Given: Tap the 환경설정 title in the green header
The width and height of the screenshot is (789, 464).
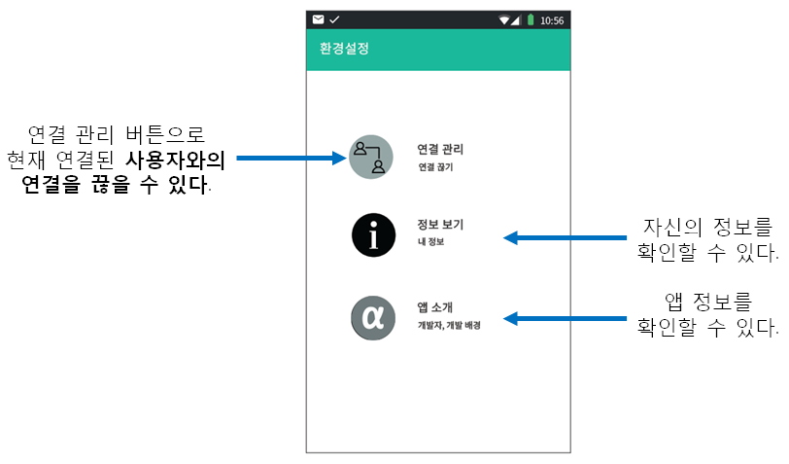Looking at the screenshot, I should [x=344, y=49].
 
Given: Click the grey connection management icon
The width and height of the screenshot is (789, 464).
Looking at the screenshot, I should [x=371, y=157].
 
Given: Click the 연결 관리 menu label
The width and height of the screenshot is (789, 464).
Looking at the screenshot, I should [x=440, y=149].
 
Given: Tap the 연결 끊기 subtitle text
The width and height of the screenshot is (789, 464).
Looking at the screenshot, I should [x=435, y=167].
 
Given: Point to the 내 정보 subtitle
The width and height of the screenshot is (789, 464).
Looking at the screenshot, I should [x=430, y=241].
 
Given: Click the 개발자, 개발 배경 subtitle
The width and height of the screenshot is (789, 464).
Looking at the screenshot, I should [x=449, y=325].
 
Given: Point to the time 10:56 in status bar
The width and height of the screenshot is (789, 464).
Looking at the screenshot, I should [x=552, y=19].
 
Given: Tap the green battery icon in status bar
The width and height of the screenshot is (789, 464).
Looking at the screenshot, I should [x=531, y=19].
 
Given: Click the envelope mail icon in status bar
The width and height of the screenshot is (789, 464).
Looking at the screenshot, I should [x=318, y=19].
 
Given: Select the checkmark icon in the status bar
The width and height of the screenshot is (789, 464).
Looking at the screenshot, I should [x=334, y=19].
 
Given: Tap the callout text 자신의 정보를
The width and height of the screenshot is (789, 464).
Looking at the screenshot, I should [x=707, y=229].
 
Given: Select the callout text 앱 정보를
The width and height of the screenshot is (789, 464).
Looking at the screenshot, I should [x=707, y=303].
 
